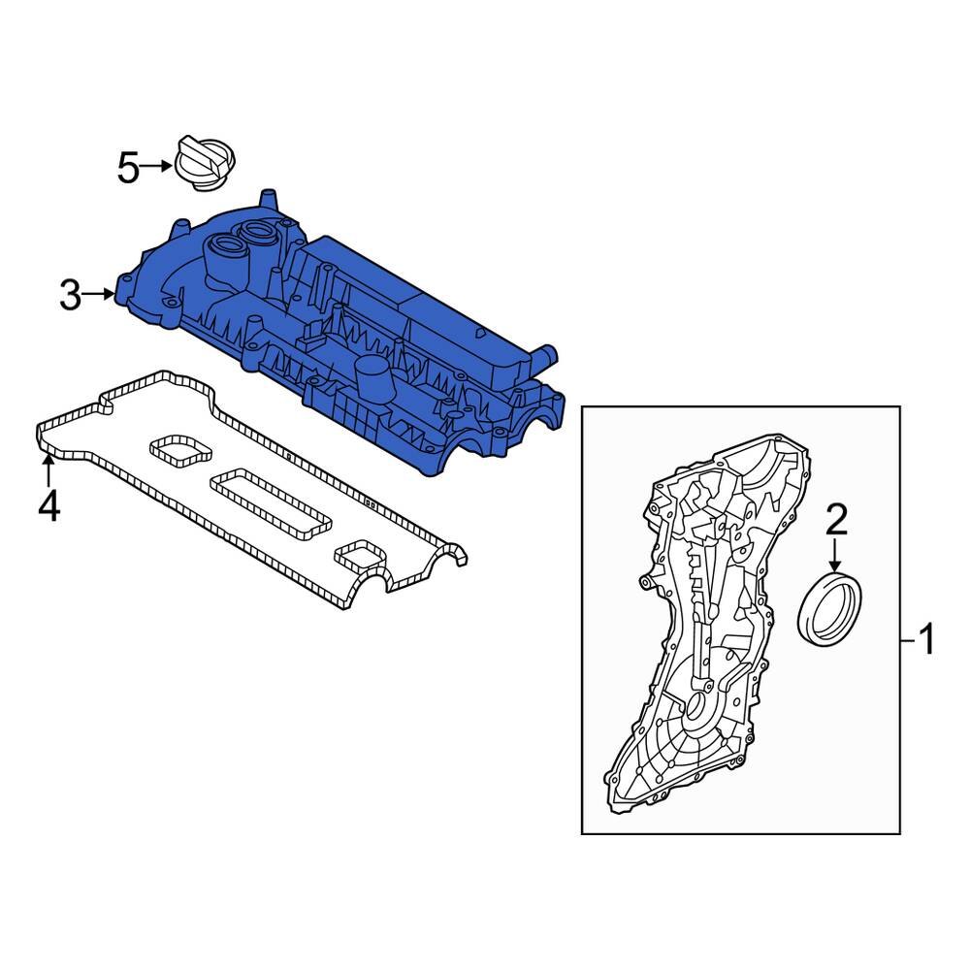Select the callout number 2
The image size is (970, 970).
point(835,521)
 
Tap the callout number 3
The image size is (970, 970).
point(70,295)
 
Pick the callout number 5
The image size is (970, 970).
point(129,169)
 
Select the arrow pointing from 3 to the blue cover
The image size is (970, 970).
point(100,294)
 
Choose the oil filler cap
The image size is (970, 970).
point(207,157)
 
